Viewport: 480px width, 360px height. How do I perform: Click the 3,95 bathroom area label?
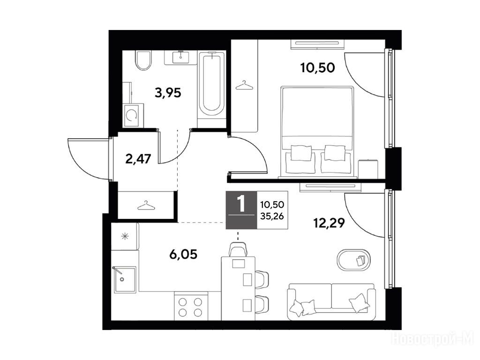pyautogui.click(x=168, y=92)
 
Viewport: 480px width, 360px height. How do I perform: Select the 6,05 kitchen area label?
pyautogui.click(x=183, y=254)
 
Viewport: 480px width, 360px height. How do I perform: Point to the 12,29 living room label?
pyautogui.click(x=329, y=223)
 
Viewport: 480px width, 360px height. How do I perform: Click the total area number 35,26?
pyautogui.click(x=272, y=216)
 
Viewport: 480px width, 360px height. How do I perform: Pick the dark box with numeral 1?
pyautogui.click(x=241, y=210)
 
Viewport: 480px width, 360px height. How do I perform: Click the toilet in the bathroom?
pyautogui.click(x=143, y=60)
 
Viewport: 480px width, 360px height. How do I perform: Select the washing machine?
pyautogui.click(x=133, y=115)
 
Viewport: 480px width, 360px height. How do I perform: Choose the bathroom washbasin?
pyautogui.click(x=180, y=58)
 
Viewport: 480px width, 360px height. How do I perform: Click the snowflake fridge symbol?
pyautogui.click(x=125, y=236)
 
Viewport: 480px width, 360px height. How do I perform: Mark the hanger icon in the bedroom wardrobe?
pyautogui.click(x=245, y=85)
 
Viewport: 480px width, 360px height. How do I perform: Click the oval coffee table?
pyautogui.click(x=353, y=260)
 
